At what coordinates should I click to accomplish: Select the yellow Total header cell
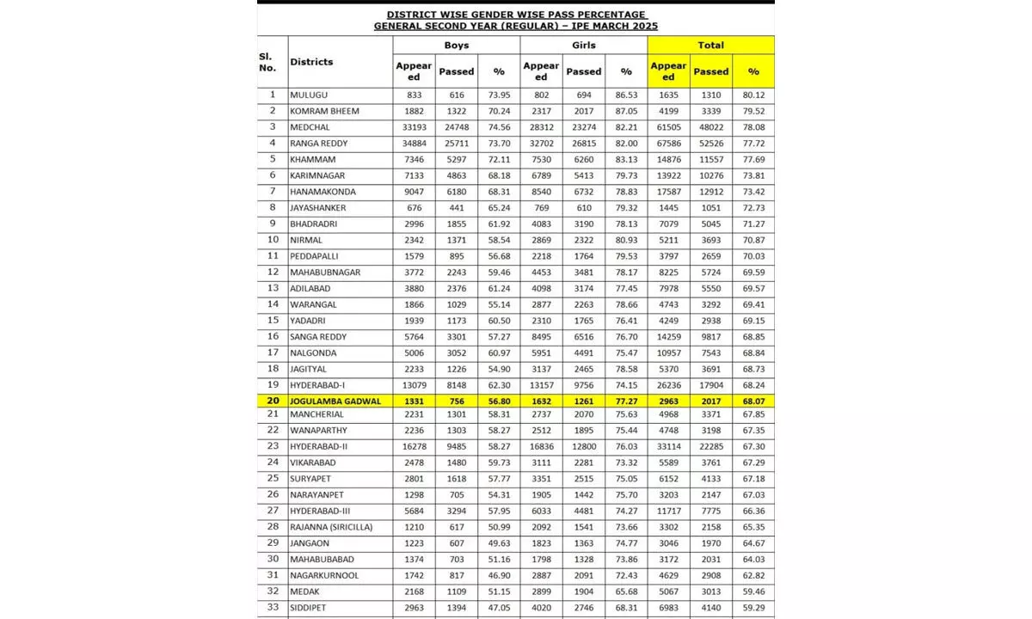710,45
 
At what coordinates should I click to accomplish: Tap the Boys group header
456,45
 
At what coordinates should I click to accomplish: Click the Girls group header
584,45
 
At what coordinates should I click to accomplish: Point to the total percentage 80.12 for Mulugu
752,95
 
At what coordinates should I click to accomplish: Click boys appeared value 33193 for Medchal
413,127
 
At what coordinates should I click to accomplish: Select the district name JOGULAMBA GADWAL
335,401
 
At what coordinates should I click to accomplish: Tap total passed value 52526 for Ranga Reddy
710,143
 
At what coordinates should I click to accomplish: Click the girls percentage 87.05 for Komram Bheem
625,111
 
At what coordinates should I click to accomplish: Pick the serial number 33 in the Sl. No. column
273,608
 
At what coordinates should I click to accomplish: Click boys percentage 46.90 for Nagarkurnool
498,575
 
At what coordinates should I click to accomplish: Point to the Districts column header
311,62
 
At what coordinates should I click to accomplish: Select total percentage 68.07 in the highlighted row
752,401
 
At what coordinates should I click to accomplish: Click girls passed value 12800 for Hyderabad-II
583,446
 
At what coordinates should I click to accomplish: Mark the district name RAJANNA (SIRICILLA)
331,527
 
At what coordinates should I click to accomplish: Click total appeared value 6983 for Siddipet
668,608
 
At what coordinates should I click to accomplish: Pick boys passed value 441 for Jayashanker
456,207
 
